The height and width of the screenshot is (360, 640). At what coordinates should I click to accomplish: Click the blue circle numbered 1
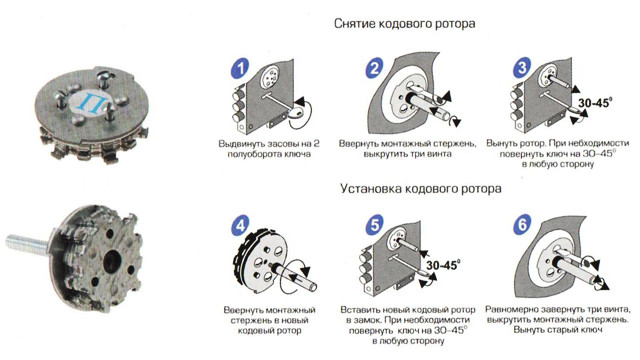[240, 68]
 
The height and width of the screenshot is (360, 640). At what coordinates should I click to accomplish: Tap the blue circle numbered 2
[374, 68]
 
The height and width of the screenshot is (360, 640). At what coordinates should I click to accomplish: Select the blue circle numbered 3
[522, 67]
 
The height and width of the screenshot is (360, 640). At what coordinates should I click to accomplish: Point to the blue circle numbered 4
[240, 226]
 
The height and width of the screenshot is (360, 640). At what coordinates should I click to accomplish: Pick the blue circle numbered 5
[375, 224]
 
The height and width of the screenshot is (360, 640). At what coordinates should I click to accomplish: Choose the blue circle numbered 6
[522, 224]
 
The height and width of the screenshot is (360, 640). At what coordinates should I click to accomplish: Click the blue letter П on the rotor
[89, 101]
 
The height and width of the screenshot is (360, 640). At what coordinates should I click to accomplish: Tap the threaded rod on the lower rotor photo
[28, 242]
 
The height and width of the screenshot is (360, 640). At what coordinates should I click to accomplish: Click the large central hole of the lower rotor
[111, 261]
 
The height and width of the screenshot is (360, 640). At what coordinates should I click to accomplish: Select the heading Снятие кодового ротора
[404, 24]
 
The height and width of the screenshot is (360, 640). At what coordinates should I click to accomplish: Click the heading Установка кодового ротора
[421, 189]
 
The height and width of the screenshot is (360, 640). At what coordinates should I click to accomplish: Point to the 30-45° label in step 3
[595, 103]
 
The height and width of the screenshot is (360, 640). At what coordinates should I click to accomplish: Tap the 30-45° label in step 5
[443, 265]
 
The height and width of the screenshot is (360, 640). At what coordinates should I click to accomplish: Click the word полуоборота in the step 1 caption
[253, 154]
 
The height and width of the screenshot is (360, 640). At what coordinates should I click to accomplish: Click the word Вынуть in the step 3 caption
[501, 144]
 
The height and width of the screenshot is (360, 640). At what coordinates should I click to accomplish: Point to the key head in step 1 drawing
[297, 112]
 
